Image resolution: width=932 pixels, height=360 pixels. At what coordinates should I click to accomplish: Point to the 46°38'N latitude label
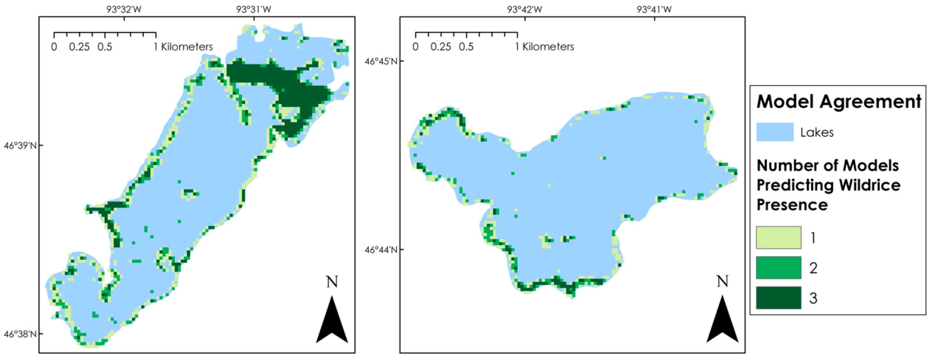(x=20, y=333)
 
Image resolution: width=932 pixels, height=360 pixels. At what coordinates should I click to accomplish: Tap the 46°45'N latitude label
(x=381, y=61)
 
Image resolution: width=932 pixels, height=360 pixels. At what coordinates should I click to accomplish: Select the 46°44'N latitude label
(x=381, y=250)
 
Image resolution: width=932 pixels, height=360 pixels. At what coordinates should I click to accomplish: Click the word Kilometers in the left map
(x=187, y=47)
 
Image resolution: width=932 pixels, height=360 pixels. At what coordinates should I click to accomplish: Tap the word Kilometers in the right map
(x=548, y=47)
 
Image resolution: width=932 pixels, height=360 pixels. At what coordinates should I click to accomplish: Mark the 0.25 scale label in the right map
(x=441, y=47)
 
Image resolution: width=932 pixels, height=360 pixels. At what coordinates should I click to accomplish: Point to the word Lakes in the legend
(x=816, y=132)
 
